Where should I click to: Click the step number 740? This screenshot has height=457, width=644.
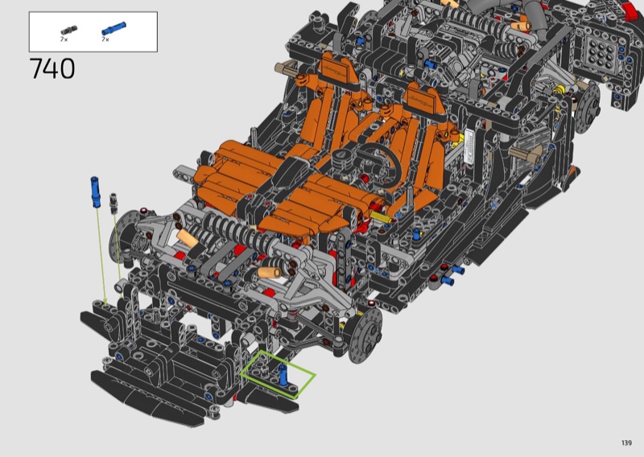pos(52,68)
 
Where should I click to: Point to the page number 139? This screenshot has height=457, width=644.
pos(626,443)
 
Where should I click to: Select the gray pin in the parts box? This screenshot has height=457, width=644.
pos(69,30)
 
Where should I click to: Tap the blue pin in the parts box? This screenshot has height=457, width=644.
pos(114,28)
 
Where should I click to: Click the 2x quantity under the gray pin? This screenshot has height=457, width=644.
pos(64,39)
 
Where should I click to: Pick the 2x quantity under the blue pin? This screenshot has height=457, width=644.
pos(105,39)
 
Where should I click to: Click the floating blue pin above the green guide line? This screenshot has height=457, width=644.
pos(95,191)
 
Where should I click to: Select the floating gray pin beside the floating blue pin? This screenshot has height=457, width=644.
pos(114,204)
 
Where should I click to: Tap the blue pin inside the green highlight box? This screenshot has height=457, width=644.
pos(283,374)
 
